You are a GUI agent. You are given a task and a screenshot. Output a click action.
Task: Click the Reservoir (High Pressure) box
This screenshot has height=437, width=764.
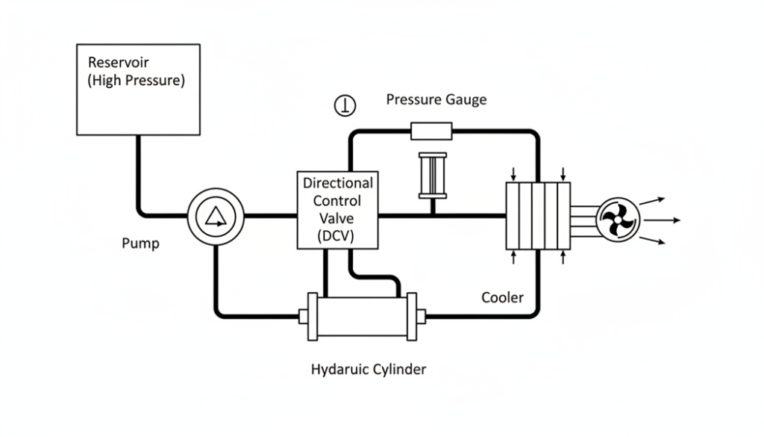(x=138, y=90)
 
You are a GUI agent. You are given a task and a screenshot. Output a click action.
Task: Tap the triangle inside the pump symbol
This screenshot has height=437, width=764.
(x=215, y=217)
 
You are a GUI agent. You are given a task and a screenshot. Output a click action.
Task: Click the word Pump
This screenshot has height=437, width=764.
(x=140, y=244)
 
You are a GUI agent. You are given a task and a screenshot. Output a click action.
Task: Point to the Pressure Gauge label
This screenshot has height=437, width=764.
(x=436, y=100)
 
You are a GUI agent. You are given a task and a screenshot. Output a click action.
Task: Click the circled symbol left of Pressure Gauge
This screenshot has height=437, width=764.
(x=345, y=106)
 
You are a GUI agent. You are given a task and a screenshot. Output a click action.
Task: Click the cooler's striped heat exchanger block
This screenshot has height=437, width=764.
(x=538, y=216)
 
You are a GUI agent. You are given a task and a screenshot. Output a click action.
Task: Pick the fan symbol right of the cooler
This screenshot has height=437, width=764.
(x=619, y=220)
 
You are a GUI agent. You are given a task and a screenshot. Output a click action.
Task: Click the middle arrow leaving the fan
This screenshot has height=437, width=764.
(x=663, y=220)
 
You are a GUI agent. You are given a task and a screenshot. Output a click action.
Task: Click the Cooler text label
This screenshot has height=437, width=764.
(x=502, y=298)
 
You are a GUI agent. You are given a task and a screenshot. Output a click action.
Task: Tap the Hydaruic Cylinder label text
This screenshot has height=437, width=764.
(x=369, y=369)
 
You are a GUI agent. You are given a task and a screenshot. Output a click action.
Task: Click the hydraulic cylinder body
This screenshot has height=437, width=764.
(x=362, y=316)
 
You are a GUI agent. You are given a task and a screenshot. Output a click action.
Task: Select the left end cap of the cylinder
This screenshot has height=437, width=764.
(x=304, y=316)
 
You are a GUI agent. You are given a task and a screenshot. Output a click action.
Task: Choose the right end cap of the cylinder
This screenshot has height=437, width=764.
(x=422, y=316)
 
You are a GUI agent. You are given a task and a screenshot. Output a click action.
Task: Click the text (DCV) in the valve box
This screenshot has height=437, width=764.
(x=337, y=236)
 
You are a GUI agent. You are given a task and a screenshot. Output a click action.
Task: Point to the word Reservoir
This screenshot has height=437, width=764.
(x=118, y=62)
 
